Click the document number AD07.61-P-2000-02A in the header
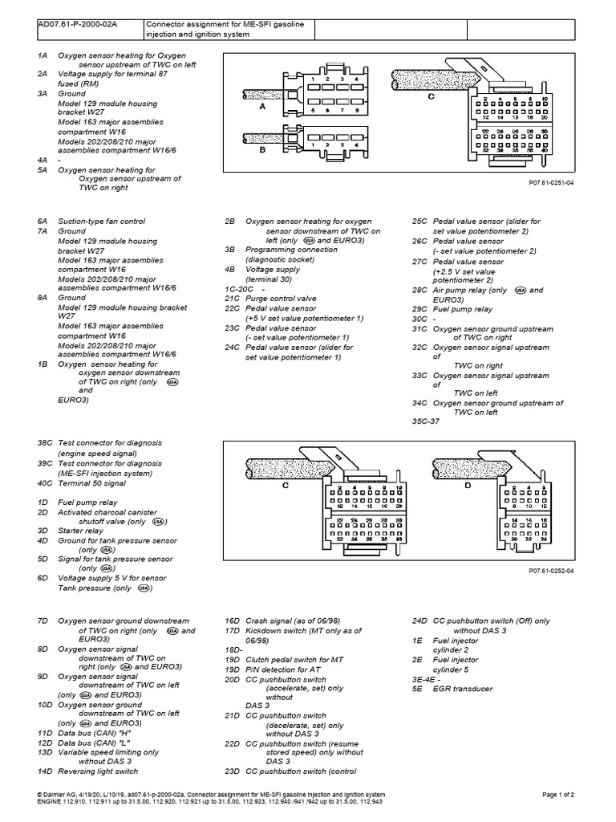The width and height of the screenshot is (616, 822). coord(77,25)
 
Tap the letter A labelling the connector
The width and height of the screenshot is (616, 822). coord(261,105)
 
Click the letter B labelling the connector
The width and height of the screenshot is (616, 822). coord(261,149)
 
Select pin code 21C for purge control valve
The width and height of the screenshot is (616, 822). coord(233,297)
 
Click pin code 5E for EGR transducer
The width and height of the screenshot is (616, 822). coord(417,689)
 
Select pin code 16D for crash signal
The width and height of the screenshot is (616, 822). coord(233,621)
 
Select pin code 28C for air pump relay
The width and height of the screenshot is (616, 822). coord(419,290)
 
